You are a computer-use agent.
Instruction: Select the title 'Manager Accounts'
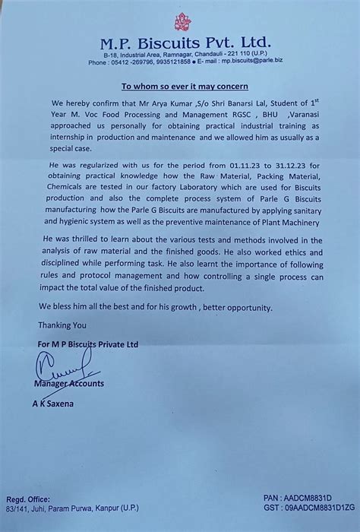[x=68, y=384]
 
